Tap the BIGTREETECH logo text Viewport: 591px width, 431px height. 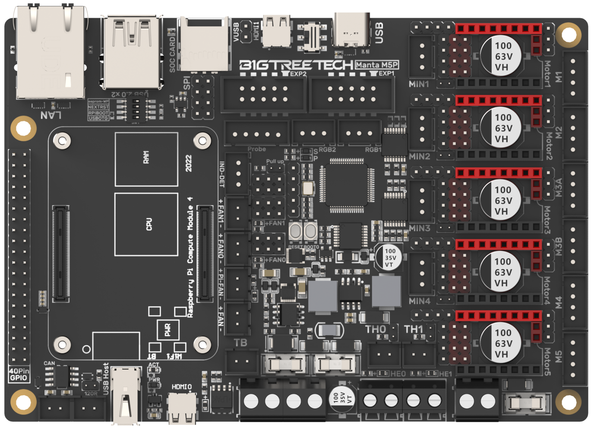(x=296, y=65)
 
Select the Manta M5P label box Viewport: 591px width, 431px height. (x=376, y=65)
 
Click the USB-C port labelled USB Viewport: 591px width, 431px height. (x=351, y=30)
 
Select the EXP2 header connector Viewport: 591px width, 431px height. (x=263, y=94)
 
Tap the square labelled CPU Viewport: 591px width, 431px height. (x=146, y=224)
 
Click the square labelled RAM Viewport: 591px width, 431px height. (x=146, y=159)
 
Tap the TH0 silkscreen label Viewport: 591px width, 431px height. (x=375, y=330)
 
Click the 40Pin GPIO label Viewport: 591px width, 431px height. (x=19, y=374)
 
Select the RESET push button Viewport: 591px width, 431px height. (x=295, y=231)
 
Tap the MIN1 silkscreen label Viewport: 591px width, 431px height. (x=419, y=84)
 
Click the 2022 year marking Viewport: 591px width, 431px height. (x=189, y=163)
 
